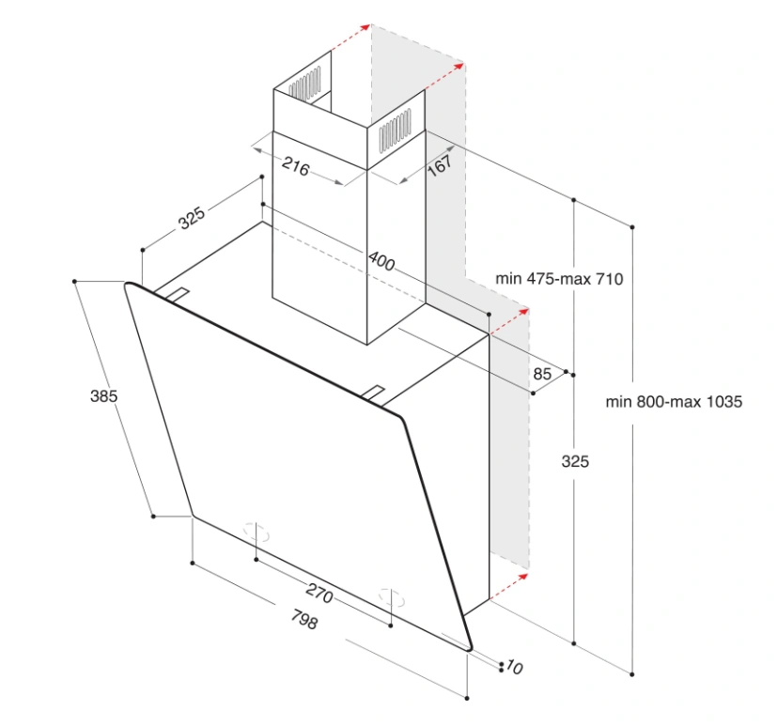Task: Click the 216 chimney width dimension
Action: click(295, 166)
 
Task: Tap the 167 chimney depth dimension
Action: click(440, 165)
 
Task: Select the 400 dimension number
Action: click(381, 260)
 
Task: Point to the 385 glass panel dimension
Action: click(103, 395)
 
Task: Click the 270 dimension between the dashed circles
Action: click(319, 593)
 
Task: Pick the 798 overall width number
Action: click(303, 619)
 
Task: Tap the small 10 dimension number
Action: click(514, 667)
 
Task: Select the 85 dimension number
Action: click(542, 374)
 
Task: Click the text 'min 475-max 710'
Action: click(559, 279)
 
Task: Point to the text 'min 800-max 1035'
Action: click(674, 401)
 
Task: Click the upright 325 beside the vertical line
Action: click(575, 461)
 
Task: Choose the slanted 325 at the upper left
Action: click(192, 217)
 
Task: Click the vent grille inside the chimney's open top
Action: click(304, 85)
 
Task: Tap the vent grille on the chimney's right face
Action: click(395, 131)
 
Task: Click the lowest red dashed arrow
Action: click(509, 586)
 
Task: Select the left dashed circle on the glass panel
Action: click(256, 532)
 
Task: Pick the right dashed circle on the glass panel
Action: click(392, 596)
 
